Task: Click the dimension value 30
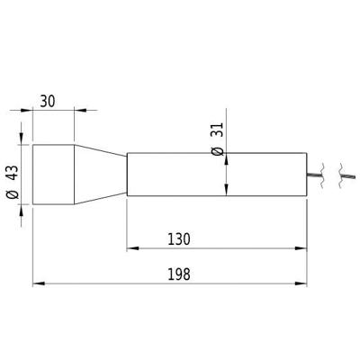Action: click(49, 101)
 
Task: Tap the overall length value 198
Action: click(178, 274)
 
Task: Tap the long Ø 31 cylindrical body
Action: click(216, 175)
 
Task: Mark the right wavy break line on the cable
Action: click(340, 174)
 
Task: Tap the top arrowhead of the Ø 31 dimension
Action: click(224, 158)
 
